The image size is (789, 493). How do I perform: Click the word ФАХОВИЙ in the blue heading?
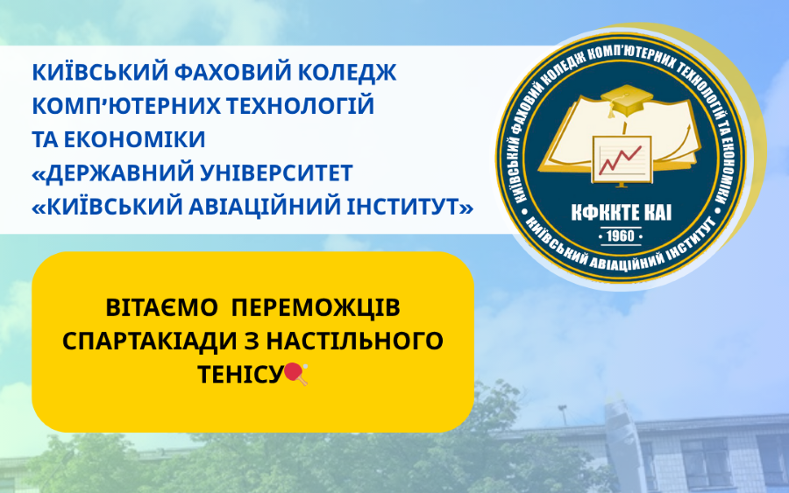[231, 73]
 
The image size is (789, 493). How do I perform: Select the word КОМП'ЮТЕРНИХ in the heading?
[125, 106]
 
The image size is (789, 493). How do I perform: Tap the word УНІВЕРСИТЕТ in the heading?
[276, 173]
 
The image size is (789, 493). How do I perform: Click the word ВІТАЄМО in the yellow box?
[161, 307]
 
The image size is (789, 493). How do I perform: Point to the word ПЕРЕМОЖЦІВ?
[316, 307]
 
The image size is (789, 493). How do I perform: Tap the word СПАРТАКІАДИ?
[149, 342]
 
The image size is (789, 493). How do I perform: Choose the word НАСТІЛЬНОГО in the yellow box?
[355, 341]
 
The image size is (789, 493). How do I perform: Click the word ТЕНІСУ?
[240, 374]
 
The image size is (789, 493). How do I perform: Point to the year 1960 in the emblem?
[621, 236]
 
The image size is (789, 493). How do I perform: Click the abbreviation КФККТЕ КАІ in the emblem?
[622, 214]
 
